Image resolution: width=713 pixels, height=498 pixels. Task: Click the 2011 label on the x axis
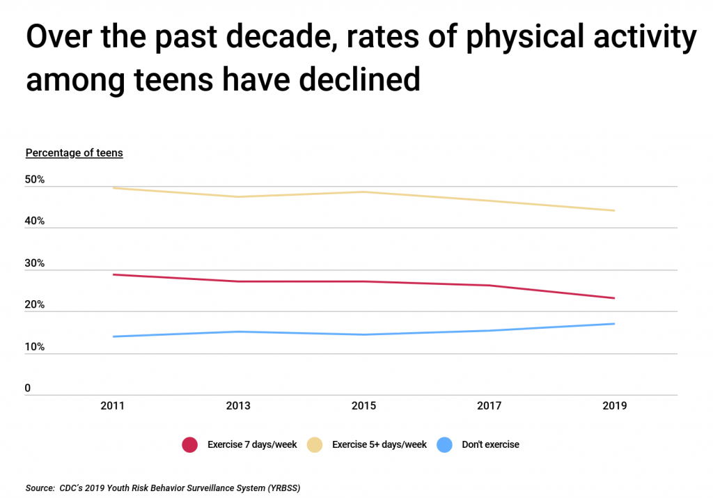pos(113,406)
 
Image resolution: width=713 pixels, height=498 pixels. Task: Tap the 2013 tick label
pos(238,406)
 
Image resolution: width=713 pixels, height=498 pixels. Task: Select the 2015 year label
pos(363,406)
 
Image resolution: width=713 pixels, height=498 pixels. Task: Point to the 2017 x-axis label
pos(489,406)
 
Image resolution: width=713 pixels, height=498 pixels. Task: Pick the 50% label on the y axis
pos(35,180)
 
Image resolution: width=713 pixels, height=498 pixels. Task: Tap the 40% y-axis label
pos(35,221)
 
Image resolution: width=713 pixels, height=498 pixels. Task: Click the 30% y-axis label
pos(35,263)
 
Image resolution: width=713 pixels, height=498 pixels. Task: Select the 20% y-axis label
pos(35,305)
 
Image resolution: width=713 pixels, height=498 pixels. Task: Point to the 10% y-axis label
pos(35,347)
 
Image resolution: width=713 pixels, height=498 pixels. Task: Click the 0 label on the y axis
pos(29,388)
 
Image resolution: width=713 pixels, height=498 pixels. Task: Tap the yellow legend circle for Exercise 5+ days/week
pos(315,444)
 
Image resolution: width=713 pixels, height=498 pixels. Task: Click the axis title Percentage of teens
pos(74,153)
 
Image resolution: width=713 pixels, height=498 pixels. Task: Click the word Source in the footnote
pos(40,488)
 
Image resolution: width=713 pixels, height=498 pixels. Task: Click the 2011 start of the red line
pos(113,274)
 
